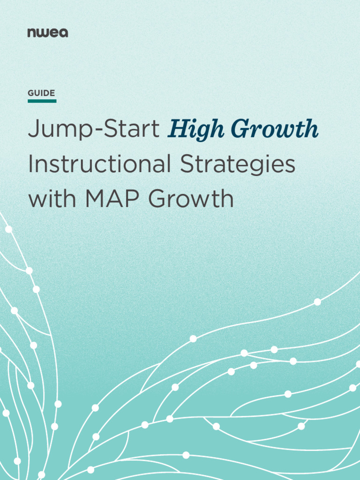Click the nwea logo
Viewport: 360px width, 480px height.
pos(47,33)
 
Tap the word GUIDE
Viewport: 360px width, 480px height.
pos(41,93)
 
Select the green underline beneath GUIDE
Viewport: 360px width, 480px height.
pos(42,101)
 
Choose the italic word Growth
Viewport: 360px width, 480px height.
pos(275,130)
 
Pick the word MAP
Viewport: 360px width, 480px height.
pos(114,199)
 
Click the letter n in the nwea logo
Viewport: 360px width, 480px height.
pos(31,33)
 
